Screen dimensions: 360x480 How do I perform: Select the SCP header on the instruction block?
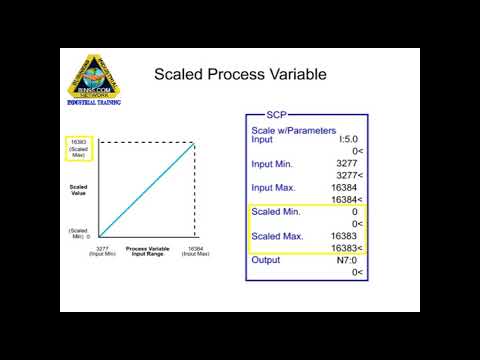(279, 116)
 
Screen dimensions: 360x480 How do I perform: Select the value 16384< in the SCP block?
(348, 199)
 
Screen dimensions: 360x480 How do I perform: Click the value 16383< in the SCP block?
(348, 247)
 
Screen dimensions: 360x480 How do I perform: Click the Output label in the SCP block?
(265, 260)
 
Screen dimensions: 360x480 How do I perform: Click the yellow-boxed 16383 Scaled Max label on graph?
(78, 149)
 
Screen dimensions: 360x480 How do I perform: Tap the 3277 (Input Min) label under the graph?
(100, 252)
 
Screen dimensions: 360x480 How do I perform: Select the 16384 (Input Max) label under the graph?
(195, 252)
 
